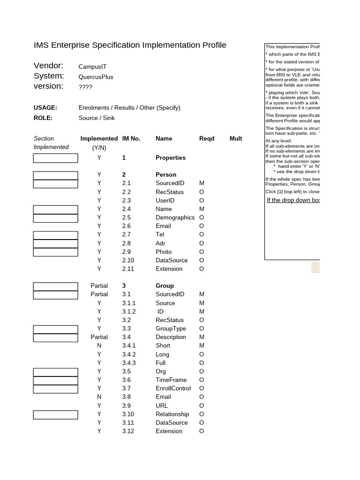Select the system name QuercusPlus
tap(96, 77)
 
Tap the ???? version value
tap(85, 87)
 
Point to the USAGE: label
tap(45, 108)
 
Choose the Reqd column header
tap(207, 139)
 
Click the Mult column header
tap(236, 139)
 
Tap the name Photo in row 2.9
tap(164, 252)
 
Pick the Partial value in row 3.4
tap(99, 337)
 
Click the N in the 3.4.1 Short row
tap(99, 345)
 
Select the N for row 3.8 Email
tap(99, 397)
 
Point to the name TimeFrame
tap(171, 380)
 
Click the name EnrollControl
tap(173, 388)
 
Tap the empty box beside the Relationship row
tap(55, 414)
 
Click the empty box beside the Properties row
tap(55, 158)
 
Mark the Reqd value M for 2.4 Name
tap(202, 209)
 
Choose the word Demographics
tap(175, 217)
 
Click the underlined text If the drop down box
tap(293, 200)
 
